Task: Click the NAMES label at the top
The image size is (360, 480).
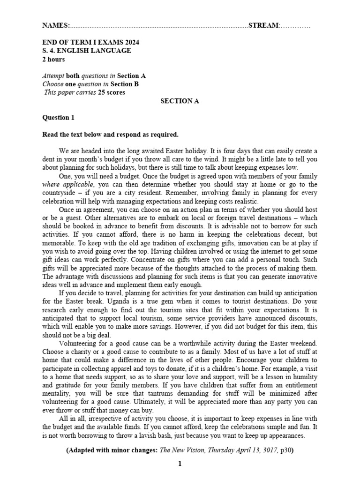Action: pos(56,25)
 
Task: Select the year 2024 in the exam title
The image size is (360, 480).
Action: pos(131,42)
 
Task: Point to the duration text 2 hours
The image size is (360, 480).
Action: pos(53,60)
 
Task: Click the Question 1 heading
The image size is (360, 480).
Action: pos(58,118)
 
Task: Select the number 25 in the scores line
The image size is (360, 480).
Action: pos(101,92)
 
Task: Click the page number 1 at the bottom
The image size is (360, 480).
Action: pos(179,465)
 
